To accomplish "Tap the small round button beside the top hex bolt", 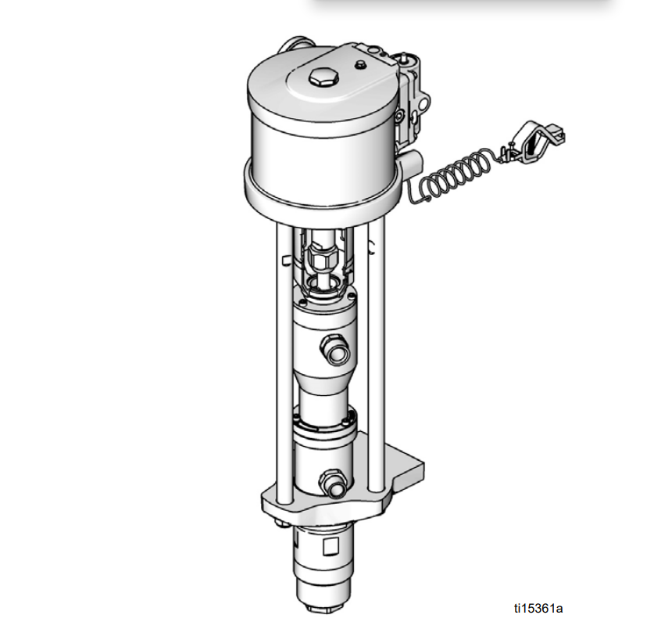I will point(360,65).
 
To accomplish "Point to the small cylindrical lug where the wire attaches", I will point(412,165).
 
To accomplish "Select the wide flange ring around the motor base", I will point(320,192).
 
